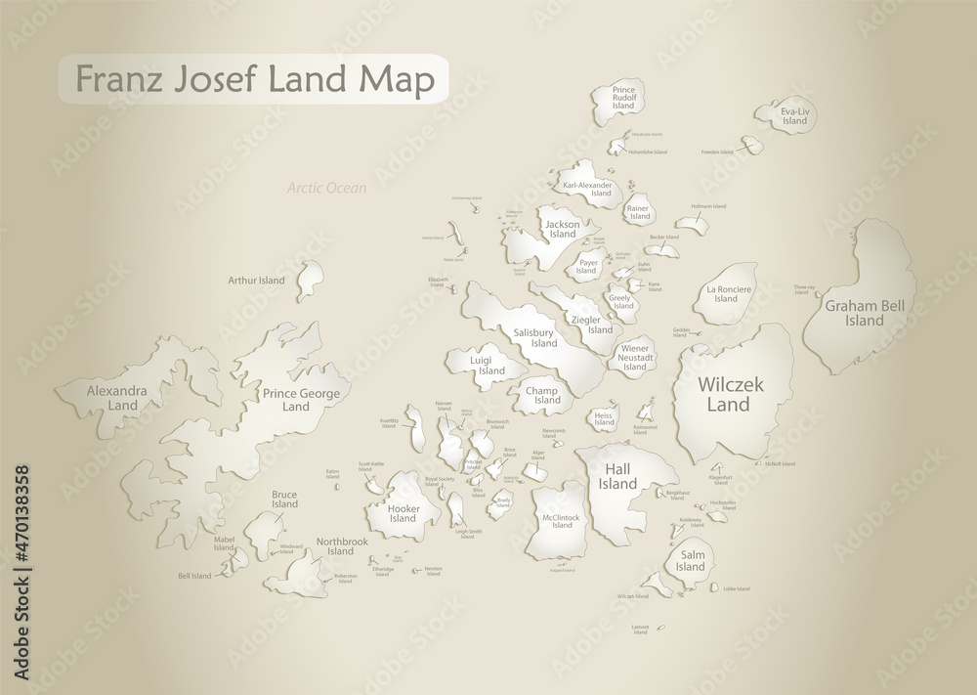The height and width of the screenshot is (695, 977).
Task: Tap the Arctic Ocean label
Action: [x=326, y=188]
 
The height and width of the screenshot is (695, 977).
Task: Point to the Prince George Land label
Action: [x=301, y=400]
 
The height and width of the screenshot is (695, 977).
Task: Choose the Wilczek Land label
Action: [x=723, y=395]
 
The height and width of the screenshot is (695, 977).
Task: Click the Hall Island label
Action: [x=618, y=477]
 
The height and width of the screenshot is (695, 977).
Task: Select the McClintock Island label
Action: [x=562, y=521]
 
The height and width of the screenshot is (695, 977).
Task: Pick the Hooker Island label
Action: [x=403, y=513]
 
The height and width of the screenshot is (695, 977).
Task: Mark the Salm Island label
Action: [x=690, y=561]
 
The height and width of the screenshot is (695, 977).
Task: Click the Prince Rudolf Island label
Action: [x=624, y=98]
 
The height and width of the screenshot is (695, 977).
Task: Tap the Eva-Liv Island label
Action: [x=794, y=116]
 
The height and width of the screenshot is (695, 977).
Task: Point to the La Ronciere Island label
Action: [x=726, y=293]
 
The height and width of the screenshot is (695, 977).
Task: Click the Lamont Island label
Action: [x=640, y=629]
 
